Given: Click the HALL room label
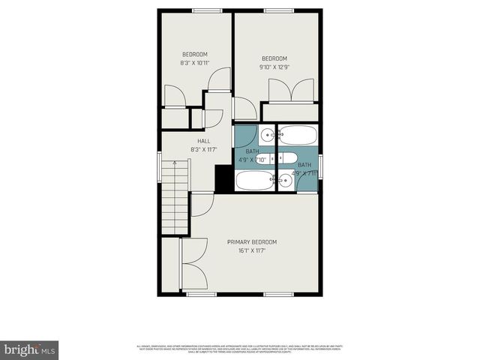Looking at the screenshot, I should coord(203,140).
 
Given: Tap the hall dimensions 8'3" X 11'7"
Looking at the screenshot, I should coord(203,149).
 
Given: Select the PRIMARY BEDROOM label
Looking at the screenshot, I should coord(252,241).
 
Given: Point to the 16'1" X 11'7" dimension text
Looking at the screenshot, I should coord(252,250).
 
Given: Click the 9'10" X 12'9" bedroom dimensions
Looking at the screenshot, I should coord(274,67).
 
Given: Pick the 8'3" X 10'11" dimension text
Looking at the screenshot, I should coord(195,63).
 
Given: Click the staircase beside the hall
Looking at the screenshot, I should coord(176,200).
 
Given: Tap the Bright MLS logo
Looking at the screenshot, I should coord(30,349).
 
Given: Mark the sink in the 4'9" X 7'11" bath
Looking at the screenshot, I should coord(285,180).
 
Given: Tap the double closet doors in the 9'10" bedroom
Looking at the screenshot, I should coord(291,91).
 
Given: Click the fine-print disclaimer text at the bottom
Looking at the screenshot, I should coord(239,348).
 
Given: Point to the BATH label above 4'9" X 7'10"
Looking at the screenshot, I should coord(252,151).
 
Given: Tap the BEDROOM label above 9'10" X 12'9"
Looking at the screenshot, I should coord(274,58).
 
